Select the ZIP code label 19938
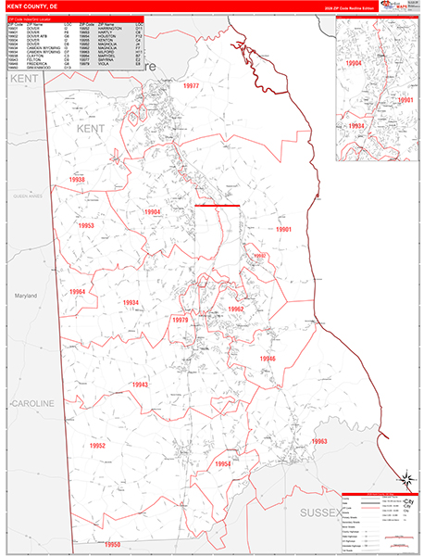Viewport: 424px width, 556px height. pyautogui.click(x=78, y=180)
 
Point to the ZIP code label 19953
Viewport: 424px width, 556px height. pyautogui.click(x=86, y=225)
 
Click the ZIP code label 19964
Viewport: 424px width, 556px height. pyautogui.click(x=77, y=293)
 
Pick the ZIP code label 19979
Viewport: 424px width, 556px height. pyautogui.click(x=180, y=320)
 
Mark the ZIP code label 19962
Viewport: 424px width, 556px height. pyautogui.click(x=235, y=309)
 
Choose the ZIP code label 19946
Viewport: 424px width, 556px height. pyautogui.click(x=268, y=359)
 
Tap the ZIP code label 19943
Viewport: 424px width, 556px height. pyautogui.click(x=140, y=384)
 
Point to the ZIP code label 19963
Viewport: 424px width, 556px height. pyautogui.click(x=320, y=441)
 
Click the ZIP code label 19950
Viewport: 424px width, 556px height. pyautogui.click(x=113, y=544)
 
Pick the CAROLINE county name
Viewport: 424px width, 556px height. pyautogui.click(x=32, y=404)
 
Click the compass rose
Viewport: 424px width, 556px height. pyautogui.click(x=405, y=479)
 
